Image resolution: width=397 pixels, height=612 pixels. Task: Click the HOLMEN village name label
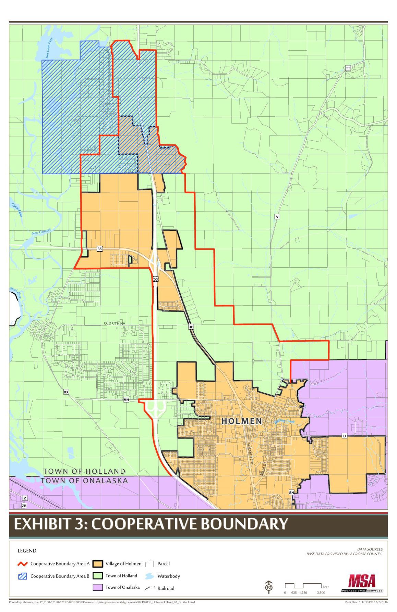tap(242, 421)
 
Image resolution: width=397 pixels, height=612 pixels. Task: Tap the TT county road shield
tap(348, 68)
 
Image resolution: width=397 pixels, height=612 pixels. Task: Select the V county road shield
tap(277, 217)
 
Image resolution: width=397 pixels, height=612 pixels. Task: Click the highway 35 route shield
tap(99, 249)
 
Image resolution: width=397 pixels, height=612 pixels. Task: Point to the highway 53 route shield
tap(156, 279)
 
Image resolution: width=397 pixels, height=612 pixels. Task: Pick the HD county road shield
tap(191, 327)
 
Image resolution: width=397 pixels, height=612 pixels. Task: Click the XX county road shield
tap(66, 392)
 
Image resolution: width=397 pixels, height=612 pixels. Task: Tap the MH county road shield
tap(126, 400)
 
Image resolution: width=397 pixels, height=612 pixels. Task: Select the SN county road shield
tap(291, 492)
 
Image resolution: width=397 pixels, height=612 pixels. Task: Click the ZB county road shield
tap(24, 506)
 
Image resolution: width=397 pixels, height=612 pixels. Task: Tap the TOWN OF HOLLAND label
tap(84, 472)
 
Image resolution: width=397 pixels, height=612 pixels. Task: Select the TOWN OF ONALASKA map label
tap(84, 481)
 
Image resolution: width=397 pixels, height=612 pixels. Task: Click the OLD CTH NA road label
tap(115, 323)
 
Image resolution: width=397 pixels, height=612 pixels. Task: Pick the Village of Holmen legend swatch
tap(98, 564)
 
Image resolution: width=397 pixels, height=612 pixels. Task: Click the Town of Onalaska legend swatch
tap(98, 587)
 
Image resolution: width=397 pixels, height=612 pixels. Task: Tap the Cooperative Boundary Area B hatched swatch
tap(23, 576)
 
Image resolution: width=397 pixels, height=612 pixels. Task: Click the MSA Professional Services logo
tap(362, 583)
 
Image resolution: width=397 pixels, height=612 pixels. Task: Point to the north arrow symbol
tap(269, 587)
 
